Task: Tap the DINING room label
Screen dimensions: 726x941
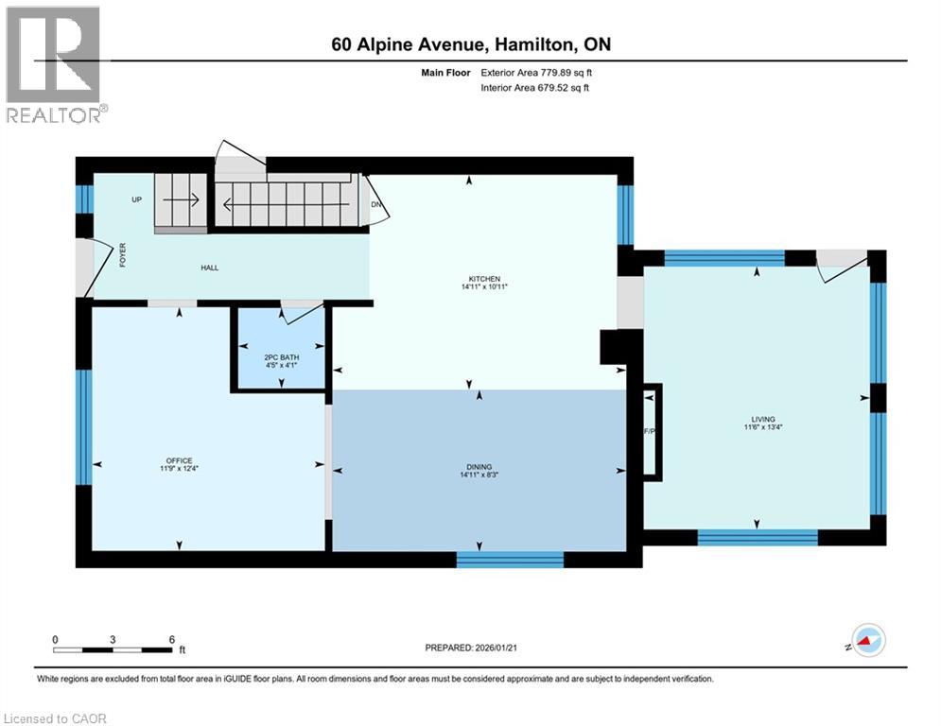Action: tap(479, 467)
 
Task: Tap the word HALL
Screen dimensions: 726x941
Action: tap(209, 268)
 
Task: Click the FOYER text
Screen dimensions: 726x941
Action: tap(122, 256)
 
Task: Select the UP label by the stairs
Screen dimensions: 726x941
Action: tap(137, 200)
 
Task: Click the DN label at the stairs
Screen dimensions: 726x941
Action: tap(375, 204)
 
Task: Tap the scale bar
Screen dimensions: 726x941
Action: tap(113, 649)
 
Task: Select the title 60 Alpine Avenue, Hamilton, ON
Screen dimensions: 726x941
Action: tap(478, 44)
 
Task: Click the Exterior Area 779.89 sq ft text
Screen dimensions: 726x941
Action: tap(536, 72)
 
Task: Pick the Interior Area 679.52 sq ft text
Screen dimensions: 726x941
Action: tap(536, 88)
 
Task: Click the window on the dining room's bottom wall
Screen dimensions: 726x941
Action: tap(510, 560)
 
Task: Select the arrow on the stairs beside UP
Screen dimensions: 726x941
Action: tap(181, 200)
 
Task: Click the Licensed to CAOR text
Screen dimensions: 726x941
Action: tap(55, 718)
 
